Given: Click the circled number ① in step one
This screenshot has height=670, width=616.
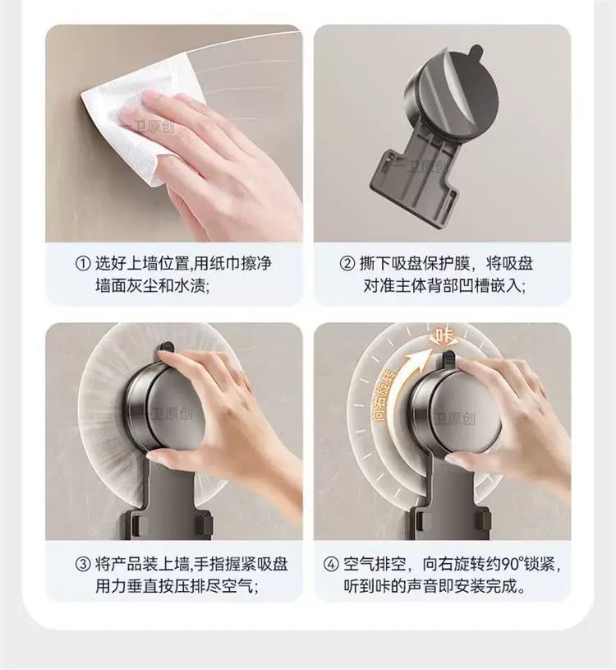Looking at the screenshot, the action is tap(83, 263).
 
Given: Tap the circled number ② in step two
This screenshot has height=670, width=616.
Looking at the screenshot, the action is tap(347, 263).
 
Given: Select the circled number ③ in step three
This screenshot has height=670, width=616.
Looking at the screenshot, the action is tap(83, 564).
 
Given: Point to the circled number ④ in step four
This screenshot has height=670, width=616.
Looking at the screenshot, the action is tap(331, 564).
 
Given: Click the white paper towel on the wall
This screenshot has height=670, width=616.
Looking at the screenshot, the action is tap(141, 124).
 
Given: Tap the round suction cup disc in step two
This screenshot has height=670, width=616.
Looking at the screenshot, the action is tap(450, 96).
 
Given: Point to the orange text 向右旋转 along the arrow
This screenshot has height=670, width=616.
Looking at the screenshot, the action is tap(384, 395).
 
